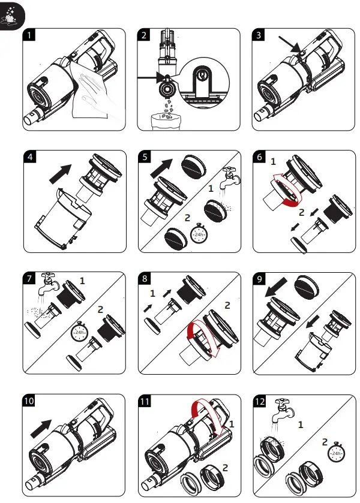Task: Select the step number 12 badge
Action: click(x=261, y=400)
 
